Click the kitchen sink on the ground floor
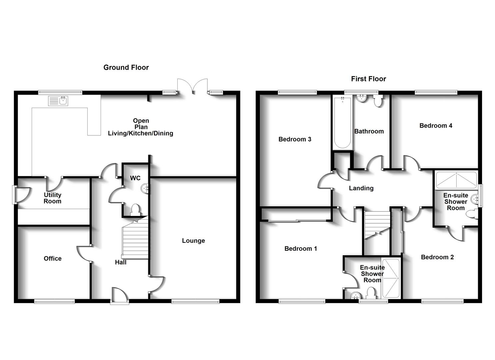pos(58,101)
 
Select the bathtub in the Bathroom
pos(342,122)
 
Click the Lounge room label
pos(193,241)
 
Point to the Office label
pos(53,258)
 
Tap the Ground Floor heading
pos(126,67)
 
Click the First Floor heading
pos(368,79)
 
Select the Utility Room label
pos(53,198)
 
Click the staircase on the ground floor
pos(135,238)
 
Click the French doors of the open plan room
pos(192,86)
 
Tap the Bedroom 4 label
pos(436,126)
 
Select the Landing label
pos(361,188)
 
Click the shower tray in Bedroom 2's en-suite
pos(456,180)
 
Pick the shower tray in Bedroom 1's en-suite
pos(390,278)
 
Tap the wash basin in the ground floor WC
pos(145,189)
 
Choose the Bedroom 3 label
pos(295,139)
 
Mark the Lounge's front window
pos(195,301)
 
